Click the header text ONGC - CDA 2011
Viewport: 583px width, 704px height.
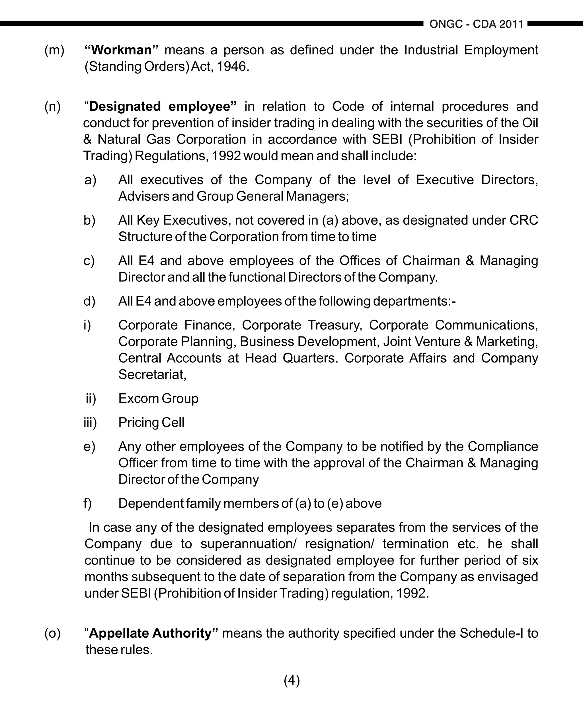(476, 24)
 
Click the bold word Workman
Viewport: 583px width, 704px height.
(121, 50)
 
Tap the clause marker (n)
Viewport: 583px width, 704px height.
(53, 106)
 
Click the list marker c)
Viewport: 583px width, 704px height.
(89, 261)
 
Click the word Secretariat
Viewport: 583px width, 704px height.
(152, 374)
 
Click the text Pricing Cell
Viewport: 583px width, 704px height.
(151, 422)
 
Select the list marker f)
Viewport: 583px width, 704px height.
(87, 504)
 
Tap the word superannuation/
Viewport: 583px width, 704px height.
(248, 544)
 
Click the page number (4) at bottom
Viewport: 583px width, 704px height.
(292, 681)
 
